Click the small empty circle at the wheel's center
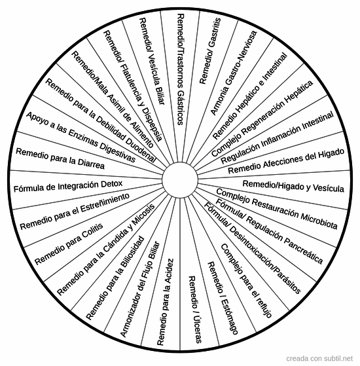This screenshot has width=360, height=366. click(180, 180)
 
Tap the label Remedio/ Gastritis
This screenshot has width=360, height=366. click(210, 50)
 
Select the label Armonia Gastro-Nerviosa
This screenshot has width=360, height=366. click(234, 73)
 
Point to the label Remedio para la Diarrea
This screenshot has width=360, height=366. click(60, 158)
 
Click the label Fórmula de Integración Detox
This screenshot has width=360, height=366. click(68, 186)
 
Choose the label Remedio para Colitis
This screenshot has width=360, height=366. click(69, 244)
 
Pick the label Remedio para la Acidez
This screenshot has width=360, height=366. click(165, 302)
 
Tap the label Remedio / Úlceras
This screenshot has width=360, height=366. click(195, 310)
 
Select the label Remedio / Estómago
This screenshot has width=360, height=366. click(223, 298)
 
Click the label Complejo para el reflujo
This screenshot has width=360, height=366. click(246, 281)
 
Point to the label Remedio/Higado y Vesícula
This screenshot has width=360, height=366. click(293, 186)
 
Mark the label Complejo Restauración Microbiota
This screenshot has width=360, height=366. click(277, 208)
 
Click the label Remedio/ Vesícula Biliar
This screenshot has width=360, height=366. click(152, 61)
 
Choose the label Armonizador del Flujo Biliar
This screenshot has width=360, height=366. click(140, 289)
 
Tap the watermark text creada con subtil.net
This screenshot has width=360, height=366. click(319, 358)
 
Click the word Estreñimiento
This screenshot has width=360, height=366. click(105, 204)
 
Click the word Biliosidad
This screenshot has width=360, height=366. click(132, 253)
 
